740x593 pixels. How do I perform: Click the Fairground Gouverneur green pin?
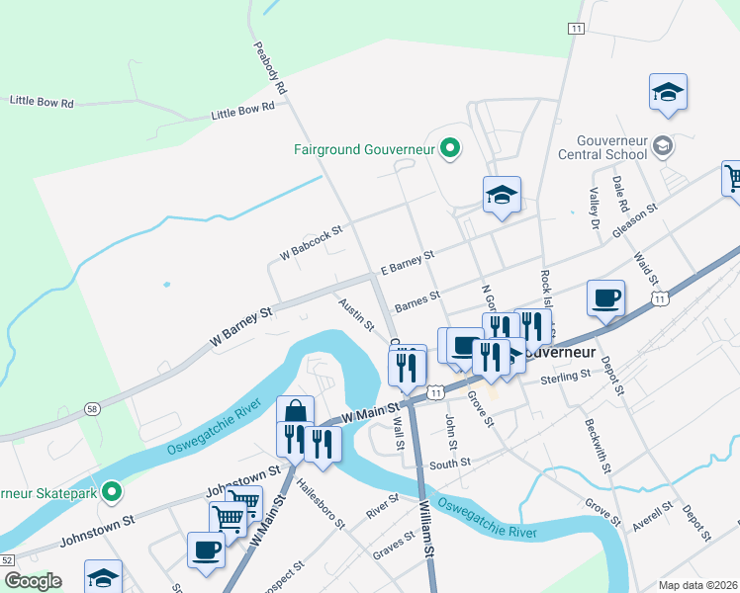pyautogui.click(x=450, y=150)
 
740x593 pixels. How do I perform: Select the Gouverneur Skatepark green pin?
pyautogui.click(x=113, y=491)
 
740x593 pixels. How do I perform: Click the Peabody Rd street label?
pyautogui.click(x=269, y=67)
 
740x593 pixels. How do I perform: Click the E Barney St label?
pyautogui.click(x=407, y=262)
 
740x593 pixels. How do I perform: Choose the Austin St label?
pyautogui.click(x=356, y=314)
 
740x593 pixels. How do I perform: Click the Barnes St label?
pyautogui.click(x=416, y=299)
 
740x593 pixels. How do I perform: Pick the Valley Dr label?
pyautogui.click(x=594, y=209)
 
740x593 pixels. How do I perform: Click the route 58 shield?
pyautogui.click(x=91, y=407)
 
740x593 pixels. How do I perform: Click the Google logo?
pyautogui.click(x=33, y=581)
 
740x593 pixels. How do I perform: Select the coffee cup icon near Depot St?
pyautogui.click(x=605, y=297)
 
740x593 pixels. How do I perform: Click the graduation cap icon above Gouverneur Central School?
pyautogui.click(x=669, y=91)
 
